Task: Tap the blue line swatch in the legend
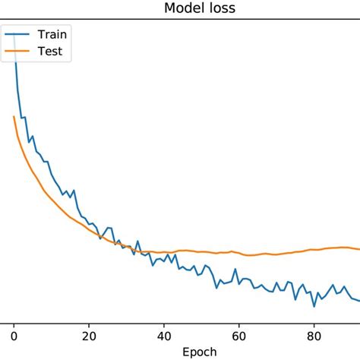(17, 35)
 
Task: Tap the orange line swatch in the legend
(17, 52)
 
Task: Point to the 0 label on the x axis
(14, 332)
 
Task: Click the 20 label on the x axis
(89, 332)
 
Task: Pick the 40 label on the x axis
(164, 332)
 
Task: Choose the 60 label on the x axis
(239, 332)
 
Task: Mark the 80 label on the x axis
(314, 332)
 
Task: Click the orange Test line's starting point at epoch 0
(14, 116)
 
